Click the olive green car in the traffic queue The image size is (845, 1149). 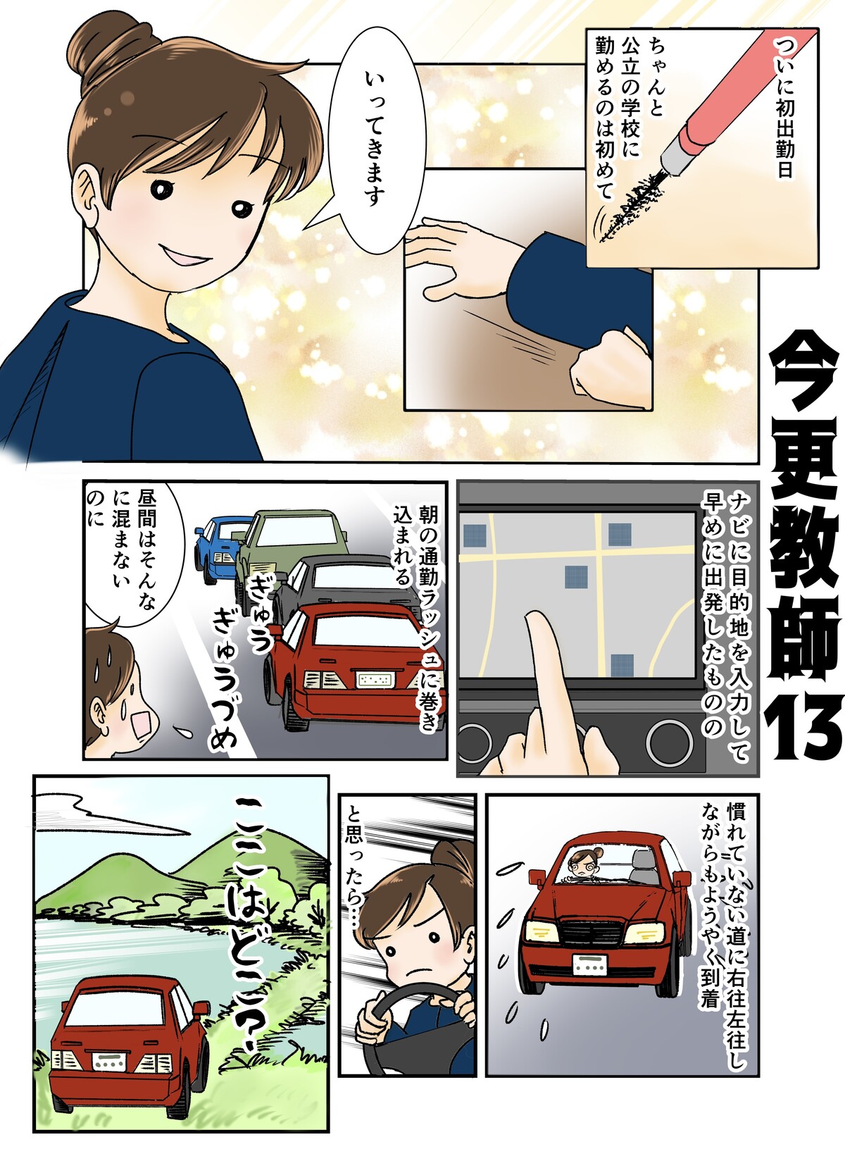click(x=288, y=549)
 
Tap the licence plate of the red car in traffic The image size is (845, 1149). click(x=375, y=680)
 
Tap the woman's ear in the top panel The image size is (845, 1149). click(x=85, y=197)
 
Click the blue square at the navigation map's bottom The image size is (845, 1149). click(x=622, y=665)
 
